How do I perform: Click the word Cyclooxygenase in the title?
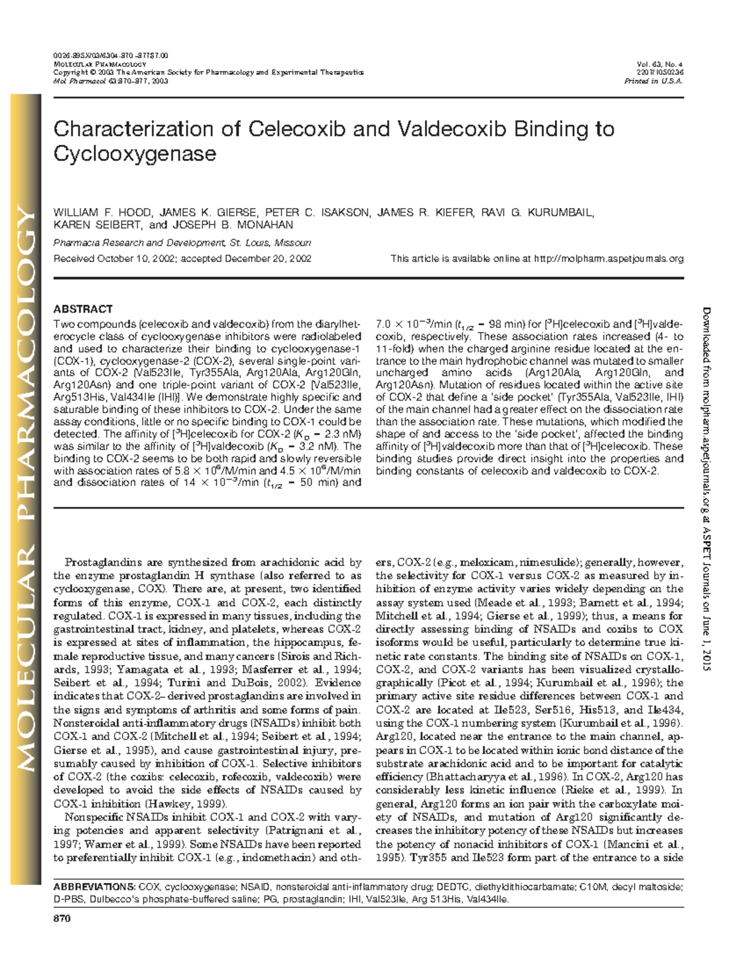(x=135, y=153)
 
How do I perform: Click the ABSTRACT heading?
(x=83, y=309)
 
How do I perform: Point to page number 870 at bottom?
(x=62, y=919)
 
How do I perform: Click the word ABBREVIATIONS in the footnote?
(x=94, y=887)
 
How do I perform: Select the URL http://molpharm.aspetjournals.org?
(x=609, y=259)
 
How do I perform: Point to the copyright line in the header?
(x=209, y=72)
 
